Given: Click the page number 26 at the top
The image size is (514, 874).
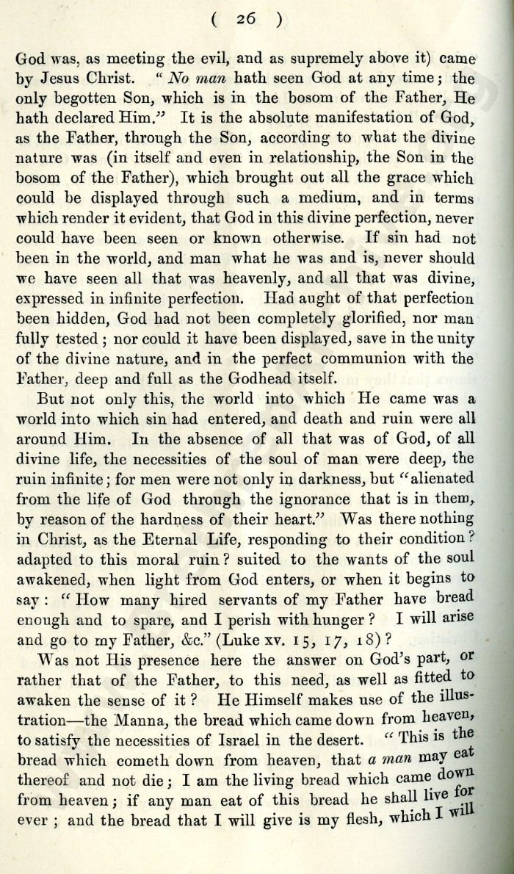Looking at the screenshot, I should pyautogui.click(x=257, y=21).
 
